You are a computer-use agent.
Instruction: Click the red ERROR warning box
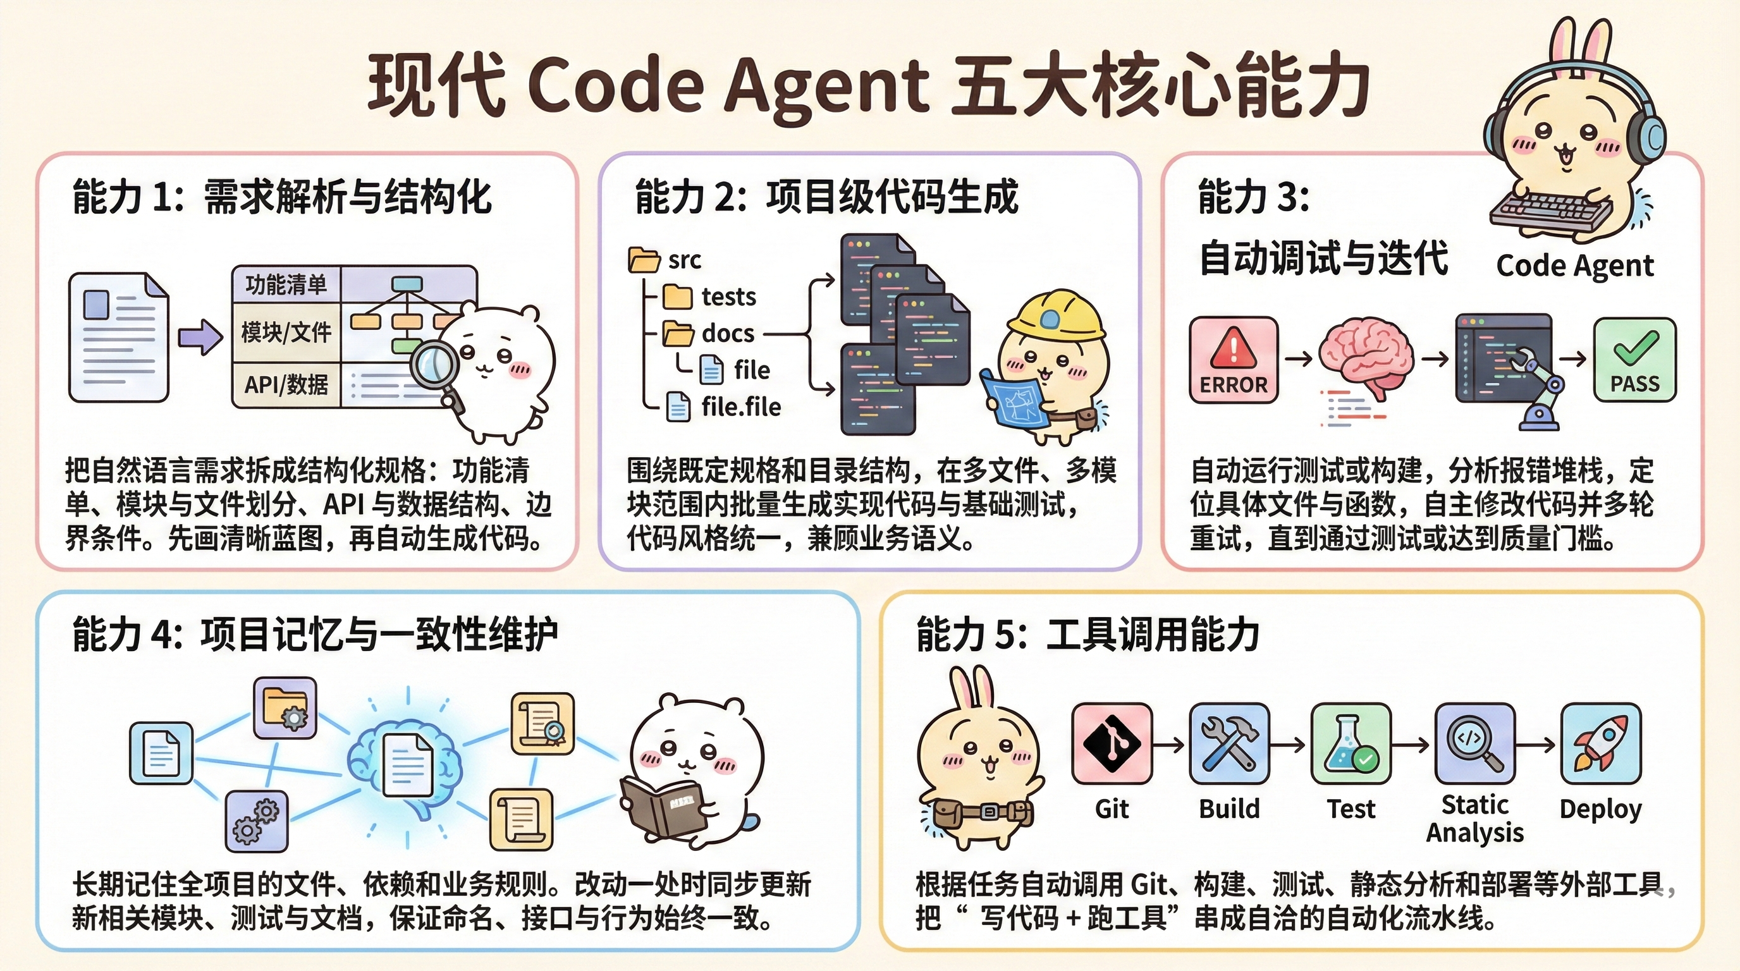1234,360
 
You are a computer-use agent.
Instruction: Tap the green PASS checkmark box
1634,360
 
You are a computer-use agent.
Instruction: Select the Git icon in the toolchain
1112,743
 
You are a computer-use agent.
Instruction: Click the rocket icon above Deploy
1601,743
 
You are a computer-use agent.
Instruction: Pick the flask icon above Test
1351,743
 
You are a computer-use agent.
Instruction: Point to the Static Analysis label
1475,819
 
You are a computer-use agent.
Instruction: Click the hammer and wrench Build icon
1229,743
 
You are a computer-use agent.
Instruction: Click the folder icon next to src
644,259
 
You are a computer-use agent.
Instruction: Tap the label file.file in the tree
741,407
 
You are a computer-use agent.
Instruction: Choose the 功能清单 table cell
286,285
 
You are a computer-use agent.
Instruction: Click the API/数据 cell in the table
286,385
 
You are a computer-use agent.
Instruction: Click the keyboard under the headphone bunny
1550,216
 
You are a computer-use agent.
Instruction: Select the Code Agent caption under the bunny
1574,266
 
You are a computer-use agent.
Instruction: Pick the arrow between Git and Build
1169,745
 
